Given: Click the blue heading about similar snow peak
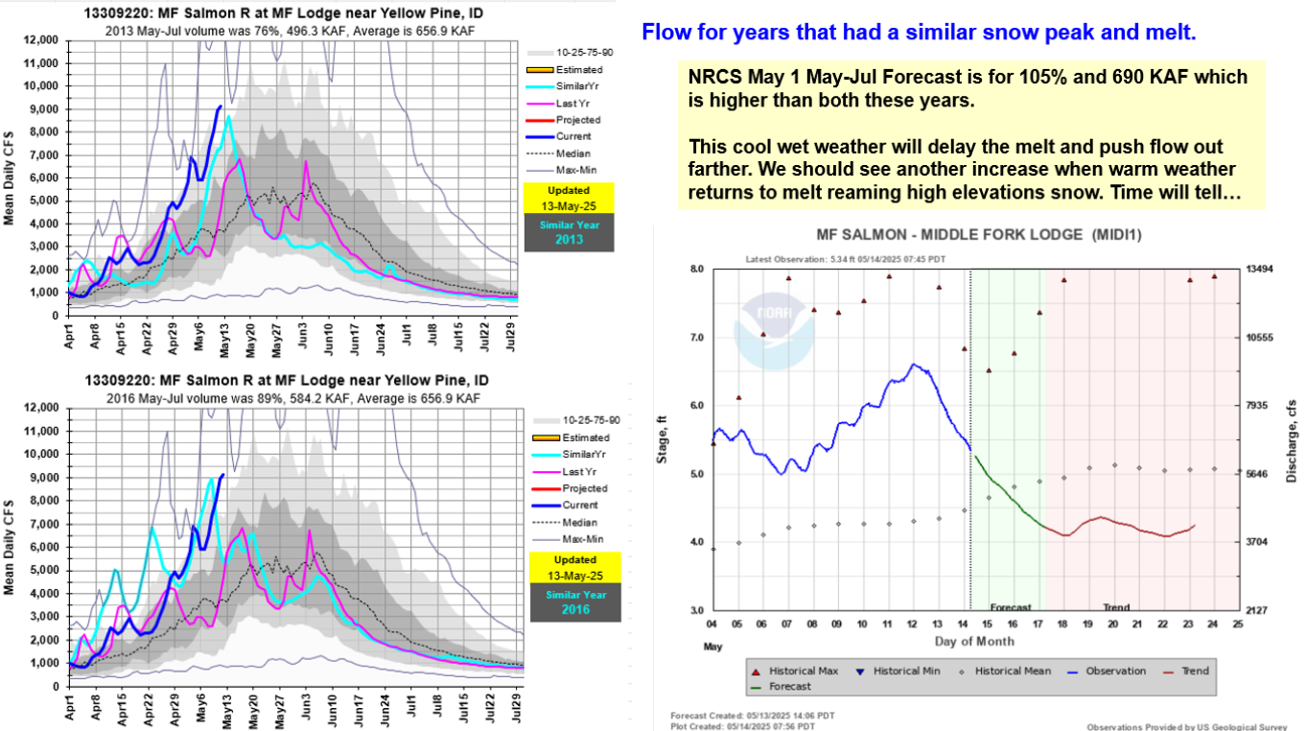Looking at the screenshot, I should pos(919,33).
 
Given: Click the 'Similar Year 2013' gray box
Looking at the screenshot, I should pos(569,233).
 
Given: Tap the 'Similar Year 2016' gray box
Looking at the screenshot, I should pos(569,601).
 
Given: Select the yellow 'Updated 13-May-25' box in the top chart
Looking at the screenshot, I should pos(569,197).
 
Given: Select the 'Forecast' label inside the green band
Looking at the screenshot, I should pos(1011,607).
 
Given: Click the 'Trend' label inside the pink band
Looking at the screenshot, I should pos(1116,607).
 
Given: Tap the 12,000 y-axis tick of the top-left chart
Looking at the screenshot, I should pos(40,40).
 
